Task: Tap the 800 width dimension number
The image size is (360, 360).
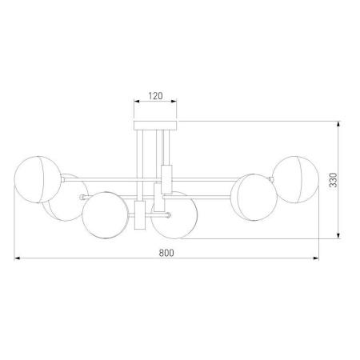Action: [166, 253]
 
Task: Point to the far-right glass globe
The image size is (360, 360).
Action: [296, 179]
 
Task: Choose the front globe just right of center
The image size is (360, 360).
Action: [176, 214]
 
